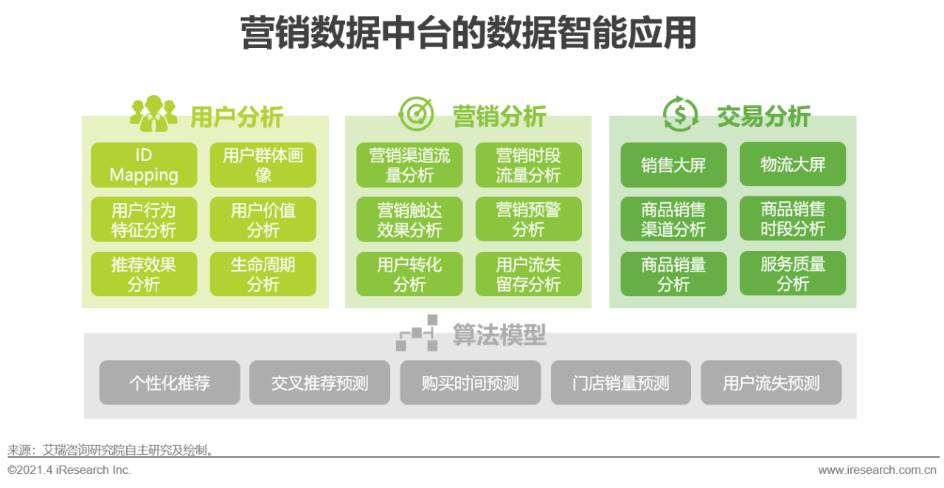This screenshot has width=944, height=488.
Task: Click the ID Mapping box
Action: [144, 165]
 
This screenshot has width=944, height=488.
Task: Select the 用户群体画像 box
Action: [263, 165]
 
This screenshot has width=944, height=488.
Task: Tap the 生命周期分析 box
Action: [263, 274]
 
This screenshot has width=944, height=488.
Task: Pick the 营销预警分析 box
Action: [528, 219]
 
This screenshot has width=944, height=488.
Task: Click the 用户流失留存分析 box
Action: [528, 274]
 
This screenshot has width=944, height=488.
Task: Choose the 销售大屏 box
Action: [673, 165]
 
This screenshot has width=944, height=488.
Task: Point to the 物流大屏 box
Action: [793, 165]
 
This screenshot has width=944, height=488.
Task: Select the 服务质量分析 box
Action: [793, 274]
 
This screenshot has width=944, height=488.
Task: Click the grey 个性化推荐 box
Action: [170, 382]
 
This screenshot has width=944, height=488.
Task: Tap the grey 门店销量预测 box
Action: [621, 382]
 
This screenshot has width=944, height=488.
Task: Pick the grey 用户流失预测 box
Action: [771, 382]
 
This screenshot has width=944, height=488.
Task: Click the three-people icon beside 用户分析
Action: [153, 114]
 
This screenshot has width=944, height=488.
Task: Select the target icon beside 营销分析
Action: [416, 114]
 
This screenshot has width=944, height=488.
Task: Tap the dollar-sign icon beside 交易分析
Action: [680, 114]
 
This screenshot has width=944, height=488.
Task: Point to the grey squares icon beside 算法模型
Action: [417, 333]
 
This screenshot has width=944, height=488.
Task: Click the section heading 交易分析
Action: [763, 116]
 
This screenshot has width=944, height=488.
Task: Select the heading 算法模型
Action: [499, 334]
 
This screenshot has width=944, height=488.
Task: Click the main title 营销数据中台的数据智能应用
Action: [468, 34]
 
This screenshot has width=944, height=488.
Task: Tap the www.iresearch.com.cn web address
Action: [877, 470]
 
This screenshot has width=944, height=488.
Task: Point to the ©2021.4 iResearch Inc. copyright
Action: [69, 470]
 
